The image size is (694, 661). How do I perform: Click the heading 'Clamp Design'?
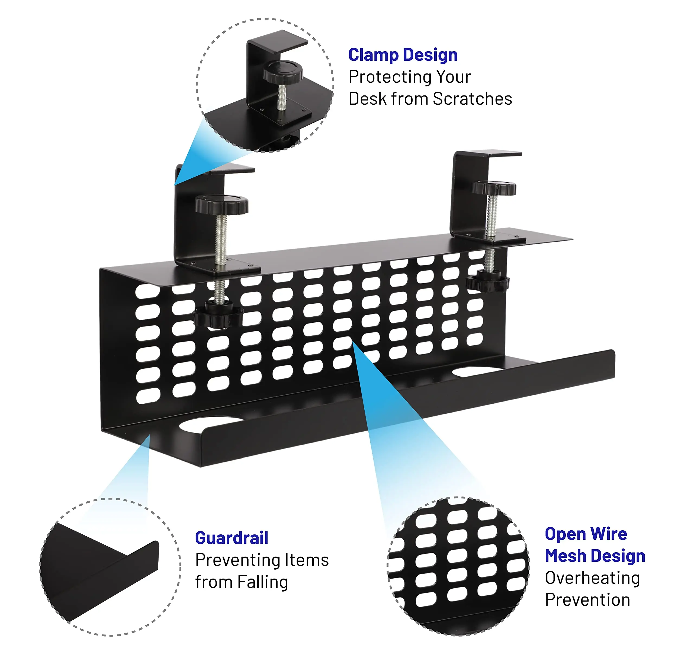(403, 55)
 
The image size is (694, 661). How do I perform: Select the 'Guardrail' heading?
(232, 538)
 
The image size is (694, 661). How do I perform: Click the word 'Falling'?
(262, 582)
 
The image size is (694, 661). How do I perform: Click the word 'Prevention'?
(587, 600)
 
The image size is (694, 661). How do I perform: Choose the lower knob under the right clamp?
(487, 281)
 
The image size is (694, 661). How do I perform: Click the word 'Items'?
(307, 560)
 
